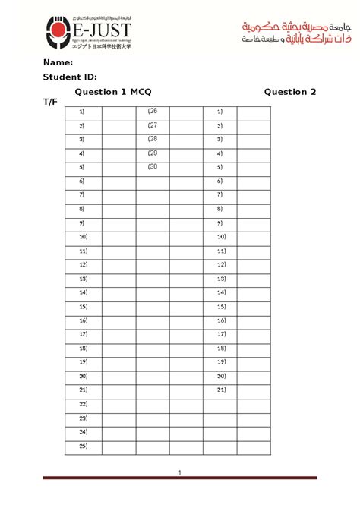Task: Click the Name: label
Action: (58, 62)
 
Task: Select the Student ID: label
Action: (70, 77)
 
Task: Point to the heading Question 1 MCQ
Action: (112, 92)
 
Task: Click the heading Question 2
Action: (289, 92)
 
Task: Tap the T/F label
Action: (51, 101)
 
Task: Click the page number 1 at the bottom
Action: (179, 473)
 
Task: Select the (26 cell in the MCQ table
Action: (152, 112)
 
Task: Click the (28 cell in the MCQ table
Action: (152, 139)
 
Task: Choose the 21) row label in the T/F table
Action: (220, 390)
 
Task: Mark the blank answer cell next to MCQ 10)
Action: (118, 237)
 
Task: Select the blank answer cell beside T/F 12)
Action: (253, 264)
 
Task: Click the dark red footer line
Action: (179, 478)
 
